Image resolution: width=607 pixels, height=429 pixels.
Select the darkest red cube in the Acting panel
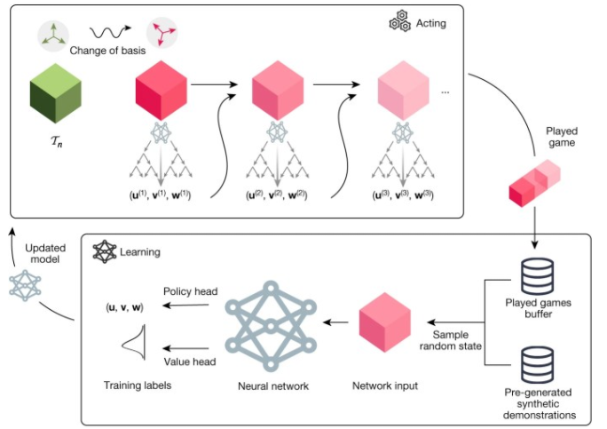pos(161,90)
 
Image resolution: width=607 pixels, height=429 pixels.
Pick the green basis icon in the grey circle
pos(52,35)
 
